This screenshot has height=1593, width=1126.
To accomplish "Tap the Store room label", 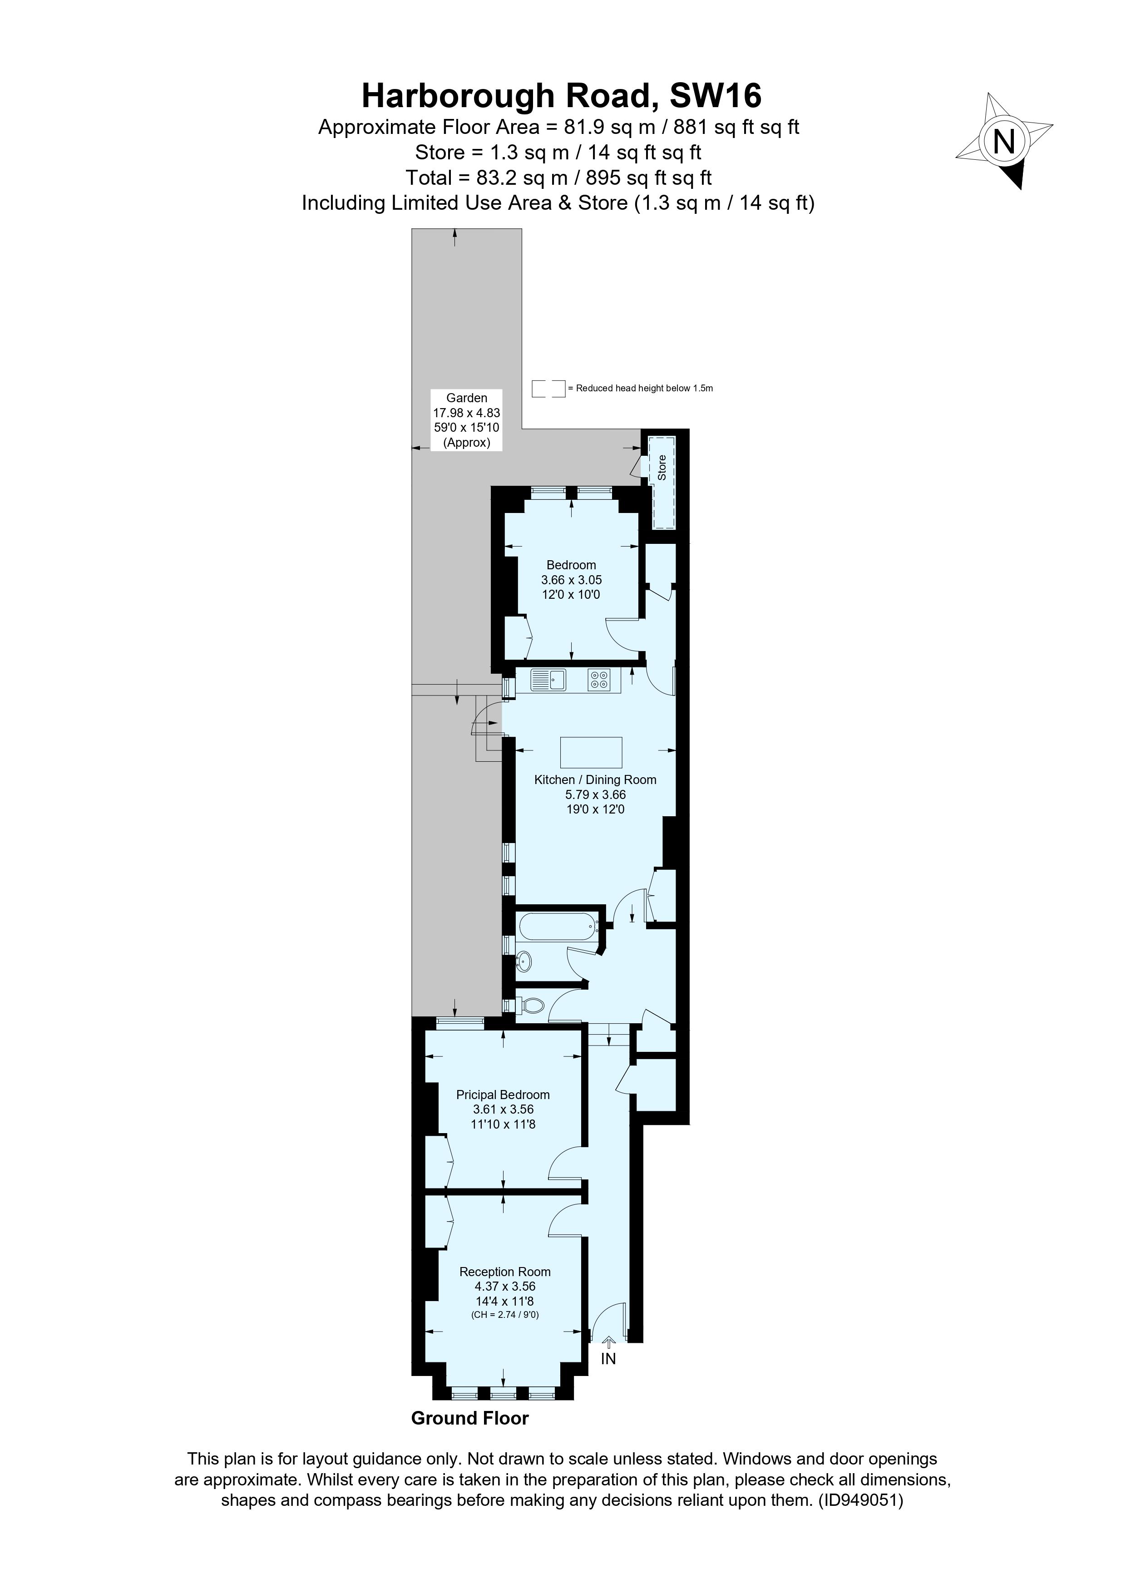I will coord(662,467).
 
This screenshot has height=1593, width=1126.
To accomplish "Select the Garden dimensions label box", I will coord(466,420).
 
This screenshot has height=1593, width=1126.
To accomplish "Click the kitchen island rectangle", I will coord(591,753).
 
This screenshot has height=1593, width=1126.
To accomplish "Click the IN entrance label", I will coord(608,1359).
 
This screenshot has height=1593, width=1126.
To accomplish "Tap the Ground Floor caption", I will coord(469,1418).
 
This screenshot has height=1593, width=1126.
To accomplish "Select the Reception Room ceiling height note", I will coord(504,1315).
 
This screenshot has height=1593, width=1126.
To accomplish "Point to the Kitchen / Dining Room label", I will coord(595,780).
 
